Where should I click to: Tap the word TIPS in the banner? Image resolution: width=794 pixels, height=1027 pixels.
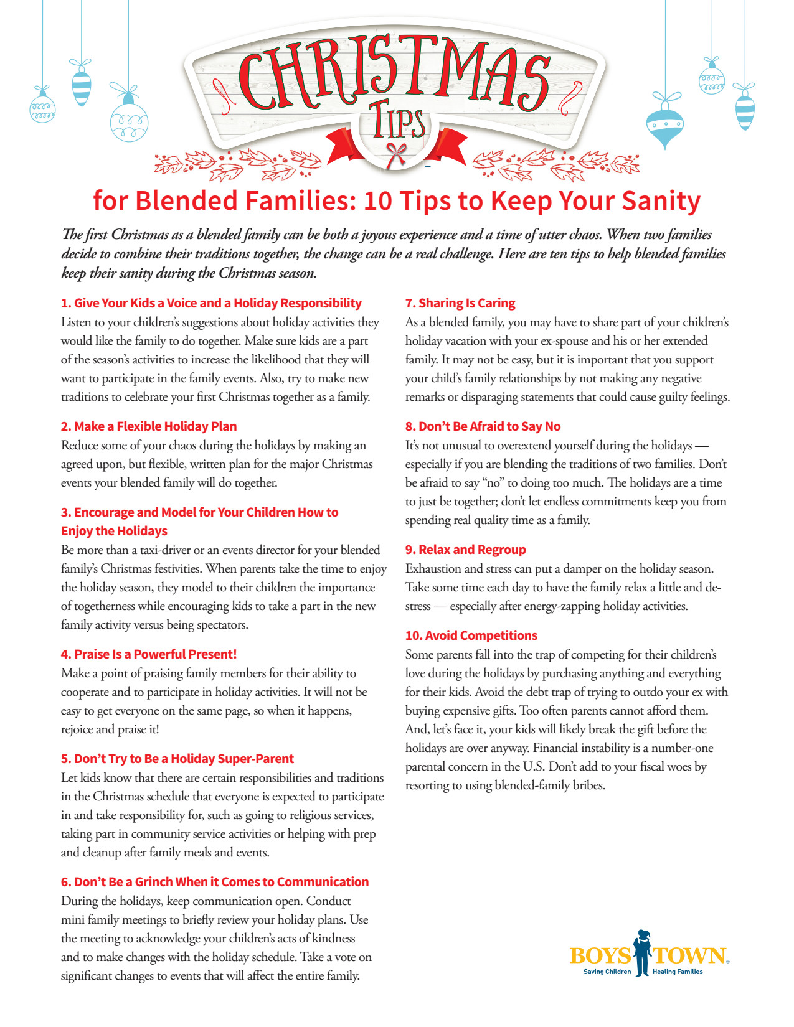point(399,121)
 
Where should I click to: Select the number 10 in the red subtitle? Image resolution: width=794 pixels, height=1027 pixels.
point(378,201)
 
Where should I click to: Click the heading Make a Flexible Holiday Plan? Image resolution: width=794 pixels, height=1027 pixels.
point(155,426)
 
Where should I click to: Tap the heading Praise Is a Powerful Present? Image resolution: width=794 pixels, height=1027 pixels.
point(155,654)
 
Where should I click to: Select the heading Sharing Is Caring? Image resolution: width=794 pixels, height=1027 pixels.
point(466,303)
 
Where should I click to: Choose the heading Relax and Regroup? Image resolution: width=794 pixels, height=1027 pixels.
point(472,550)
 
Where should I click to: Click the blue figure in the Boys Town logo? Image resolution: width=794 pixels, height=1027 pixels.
point(641,952)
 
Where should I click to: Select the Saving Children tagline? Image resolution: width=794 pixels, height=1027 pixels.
point(607,972)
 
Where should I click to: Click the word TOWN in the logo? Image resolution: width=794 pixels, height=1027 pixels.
point(689,956)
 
